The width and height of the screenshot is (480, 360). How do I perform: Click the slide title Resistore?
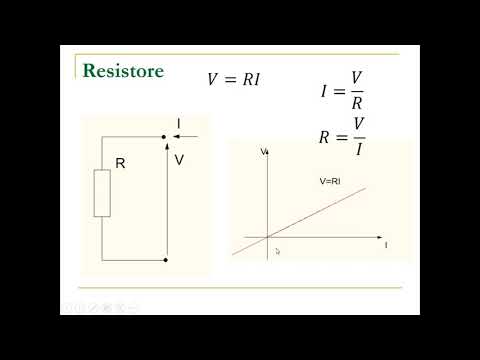(x=123, y=71)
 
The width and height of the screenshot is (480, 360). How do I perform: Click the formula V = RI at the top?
(x=233, y=80)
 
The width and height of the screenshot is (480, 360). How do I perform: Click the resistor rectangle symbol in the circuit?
(x=102, y=193)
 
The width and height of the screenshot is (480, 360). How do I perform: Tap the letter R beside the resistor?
(x=120, y=163)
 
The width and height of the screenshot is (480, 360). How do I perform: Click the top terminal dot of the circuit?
(x=165, y=137)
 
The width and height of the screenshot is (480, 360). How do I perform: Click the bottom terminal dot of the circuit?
(x=165, y=260)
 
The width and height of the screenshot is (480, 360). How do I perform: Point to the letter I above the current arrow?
(x=178, y=124)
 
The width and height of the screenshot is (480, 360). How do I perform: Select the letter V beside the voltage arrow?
(x=179, y=159)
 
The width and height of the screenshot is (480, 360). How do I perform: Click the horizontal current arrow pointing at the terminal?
(x=185, y=137)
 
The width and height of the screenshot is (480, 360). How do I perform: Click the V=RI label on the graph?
(x=330, y=181)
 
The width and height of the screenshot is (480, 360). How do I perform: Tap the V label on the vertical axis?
(x=263, y=152)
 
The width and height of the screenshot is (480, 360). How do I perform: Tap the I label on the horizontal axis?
(x=386, y=244)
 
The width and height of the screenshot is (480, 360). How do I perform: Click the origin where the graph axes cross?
(x=269, y=237)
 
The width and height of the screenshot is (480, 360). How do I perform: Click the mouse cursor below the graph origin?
(x=277, y=252)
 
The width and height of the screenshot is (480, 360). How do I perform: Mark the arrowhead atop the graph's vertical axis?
(x=269, y=152)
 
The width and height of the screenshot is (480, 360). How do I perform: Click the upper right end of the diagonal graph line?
(x=365, y=187)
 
